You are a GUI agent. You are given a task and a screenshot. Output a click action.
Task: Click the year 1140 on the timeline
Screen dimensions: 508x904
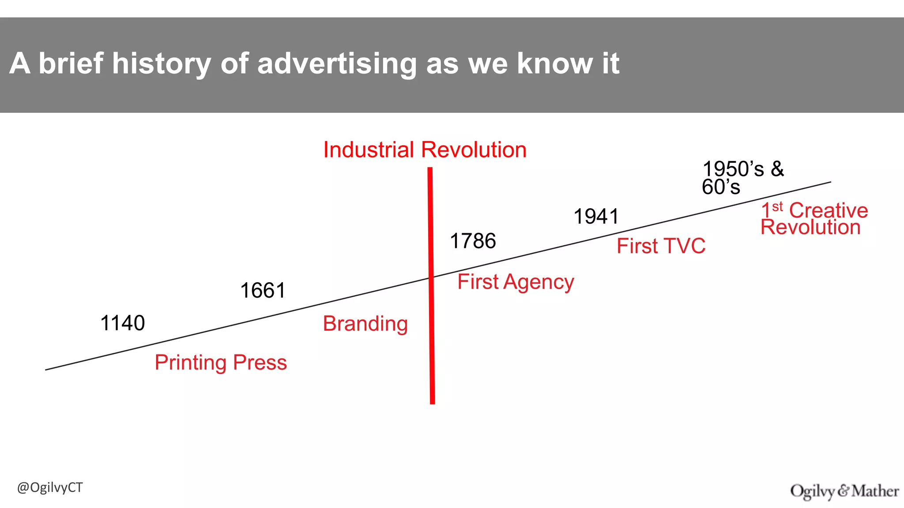pos(123,323)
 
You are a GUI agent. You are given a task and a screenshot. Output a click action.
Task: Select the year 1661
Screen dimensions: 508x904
pos(263,291)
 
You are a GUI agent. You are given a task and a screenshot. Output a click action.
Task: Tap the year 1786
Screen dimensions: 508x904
pos(473,241)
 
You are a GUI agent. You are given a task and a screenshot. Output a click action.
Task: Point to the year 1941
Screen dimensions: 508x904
pos(596,217)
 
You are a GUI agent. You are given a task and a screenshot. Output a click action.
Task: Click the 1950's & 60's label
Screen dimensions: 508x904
pos(742,178)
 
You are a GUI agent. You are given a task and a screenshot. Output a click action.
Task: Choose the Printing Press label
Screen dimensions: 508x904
pos(221,362)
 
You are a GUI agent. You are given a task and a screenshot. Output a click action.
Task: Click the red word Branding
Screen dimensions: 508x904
pos(365,324)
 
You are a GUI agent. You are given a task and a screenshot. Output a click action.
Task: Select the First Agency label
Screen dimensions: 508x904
pos(516,282)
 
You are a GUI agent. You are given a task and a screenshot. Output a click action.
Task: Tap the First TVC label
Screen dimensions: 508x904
pos(661,246)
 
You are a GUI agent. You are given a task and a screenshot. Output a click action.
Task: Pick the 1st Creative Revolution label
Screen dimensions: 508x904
pos(814,219)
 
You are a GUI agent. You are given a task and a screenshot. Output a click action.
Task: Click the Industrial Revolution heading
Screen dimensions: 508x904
pos(425,150)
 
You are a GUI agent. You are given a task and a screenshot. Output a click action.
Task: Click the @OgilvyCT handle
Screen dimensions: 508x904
pos(50,488)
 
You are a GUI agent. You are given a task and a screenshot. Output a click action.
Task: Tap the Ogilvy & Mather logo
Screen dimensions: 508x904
pos(844,491)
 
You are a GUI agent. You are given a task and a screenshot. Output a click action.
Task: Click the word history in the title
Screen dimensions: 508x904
pos(162,63)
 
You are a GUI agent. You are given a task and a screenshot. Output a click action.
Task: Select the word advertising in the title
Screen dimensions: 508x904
pos(337,63)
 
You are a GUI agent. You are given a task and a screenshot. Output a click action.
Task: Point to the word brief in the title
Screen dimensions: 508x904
pos(71,63)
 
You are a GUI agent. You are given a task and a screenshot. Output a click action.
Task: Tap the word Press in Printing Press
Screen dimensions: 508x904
pos(260,362)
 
